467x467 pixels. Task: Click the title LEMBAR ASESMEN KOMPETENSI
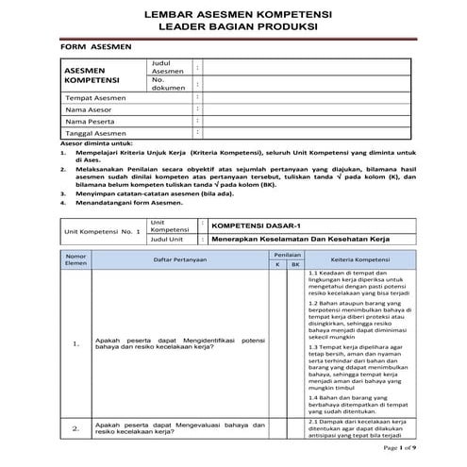coord(233,15)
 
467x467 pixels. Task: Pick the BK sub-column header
coord(295,265)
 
